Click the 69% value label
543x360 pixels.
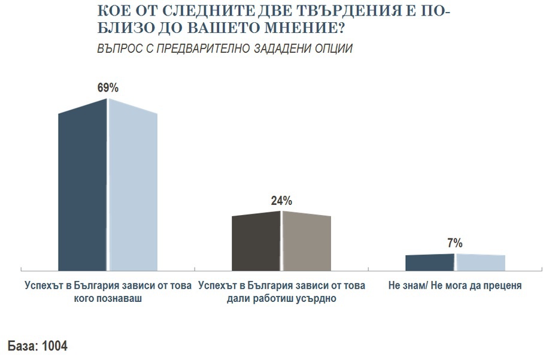(108, 87)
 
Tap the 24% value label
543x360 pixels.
(281, 201)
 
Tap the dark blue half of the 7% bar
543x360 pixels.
(430, 263)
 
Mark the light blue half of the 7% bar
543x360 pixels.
(480, 263)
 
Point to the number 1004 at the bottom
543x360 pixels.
(55, 347)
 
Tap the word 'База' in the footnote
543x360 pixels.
(22, 347)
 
